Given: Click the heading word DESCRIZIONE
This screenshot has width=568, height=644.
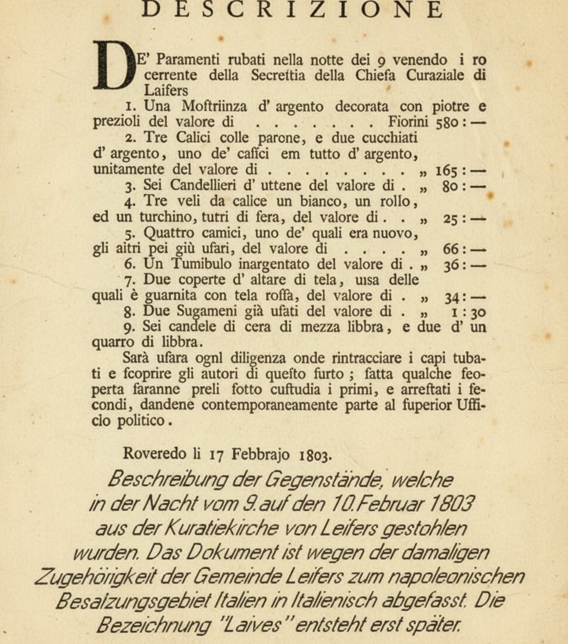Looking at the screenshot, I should click(293, 9).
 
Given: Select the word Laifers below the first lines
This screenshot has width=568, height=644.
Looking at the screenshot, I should click(166, 91).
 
